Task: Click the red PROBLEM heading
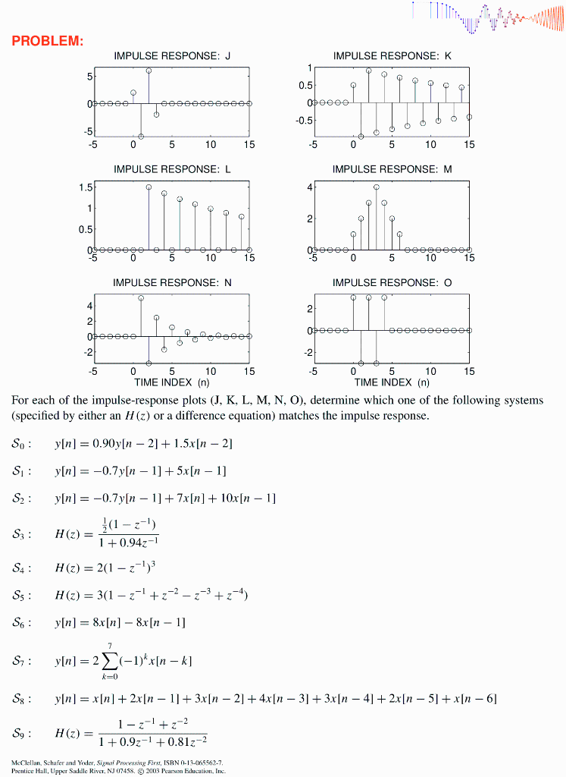48,40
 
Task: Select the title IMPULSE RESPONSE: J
172,56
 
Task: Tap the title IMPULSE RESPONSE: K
392,56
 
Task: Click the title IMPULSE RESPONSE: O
392,282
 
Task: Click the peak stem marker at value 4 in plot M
377,187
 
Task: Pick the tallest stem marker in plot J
149,71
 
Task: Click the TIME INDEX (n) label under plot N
172,382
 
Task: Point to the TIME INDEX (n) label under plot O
392,382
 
